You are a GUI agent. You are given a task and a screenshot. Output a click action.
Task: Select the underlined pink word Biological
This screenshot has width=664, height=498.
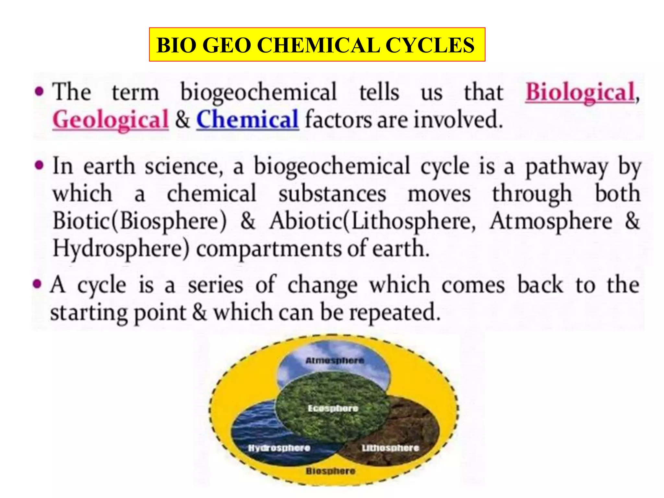[580, 92]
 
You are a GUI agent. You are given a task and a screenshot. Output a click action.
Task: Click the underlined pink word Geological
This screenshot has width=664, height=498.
[111, 120]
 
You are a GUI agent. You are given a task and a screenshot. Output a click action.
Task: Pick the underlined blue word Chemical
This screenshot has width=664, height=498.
[247, 120]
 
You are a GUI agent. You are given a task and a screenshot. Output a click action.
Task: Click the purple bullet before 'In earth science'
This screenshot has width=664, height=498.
[39, 166]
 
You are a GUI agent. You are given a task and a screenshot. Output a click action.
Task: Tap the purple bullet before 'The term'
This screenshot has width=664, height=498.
[39, 91]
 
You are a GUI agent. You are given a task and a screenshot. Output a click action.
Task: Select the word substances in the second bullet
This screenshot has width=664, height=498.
[332, 194]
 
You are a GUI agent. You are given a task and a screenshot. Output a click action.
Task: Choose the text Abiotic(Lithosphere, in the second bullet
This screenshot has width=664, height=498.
[372, 222]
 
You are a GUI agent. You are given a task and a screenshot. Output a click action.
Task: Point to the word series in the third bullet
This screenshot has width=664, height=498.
[216, 285]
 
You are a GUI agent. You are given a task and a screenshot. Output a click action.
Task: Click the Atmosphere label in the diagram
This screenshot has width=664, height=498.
[335, 361]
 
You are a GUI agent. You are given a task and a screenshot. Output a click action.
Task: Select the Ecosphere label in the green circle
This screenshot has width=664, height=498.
[333, 409]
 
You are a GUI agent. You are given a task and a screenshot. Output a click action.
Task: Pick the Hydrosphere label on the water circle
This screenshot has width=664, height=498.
[279, 448]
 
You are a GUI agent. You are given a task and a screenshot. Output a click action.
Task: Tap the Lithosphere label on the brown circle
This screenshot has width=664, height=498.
[390, 448]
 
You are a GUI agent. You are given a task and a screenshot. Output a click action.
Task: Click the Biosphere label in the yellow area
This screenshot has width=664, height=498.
[330, 471]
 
